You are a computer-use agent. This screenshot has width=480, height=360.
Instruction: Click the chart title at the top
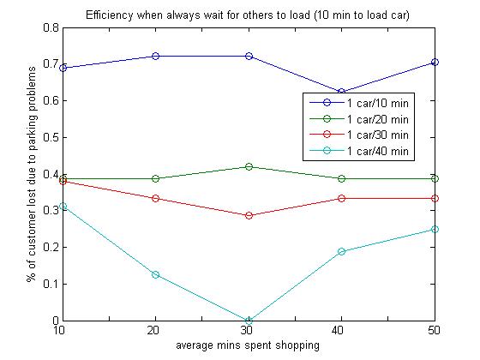pos(248,15)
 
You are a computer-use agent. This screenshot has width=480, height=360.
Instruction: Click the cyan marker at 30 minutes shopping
pos(249,321)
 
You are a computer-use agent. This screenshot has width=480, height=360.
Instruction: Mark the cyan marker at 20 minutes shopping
pos(155,274)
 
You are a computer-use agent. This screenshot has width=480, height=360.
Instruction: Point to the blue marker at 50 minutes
pos(435,62)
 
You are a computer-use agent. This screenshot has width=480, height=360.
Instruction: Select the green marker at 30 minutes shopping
pos(249,167)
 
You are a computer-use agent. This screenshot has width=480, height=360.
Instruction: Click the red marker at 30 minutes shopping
pos(249,215)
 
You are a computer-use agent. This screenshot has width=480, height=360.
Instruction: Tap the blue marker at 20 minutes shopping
pos(155,56)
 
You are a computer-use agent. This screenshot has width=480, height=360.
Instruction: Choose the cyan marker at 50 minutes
pos(435,230)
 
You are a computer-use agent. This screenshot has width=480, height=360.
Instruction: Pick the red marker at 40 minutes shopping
pos(342,198)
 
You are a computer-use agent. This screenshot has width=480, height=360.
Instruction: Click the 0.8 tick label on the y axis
pos(51,27)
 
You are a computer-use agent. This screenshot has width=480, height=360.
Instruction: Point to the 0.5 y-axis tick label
pos(51,137)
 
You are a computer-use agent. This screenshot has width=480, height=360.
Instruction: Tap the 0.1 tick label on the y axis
pos(51,284)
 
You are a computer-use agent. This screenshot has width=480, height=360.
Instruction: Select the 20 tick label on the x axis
pos(153,330)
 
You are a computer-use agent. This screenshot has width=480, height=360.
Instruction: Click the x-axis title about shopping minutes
pos(248,345)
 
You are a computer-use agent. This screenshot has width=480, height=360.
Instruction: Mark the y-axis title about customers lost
pos(31,174)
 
